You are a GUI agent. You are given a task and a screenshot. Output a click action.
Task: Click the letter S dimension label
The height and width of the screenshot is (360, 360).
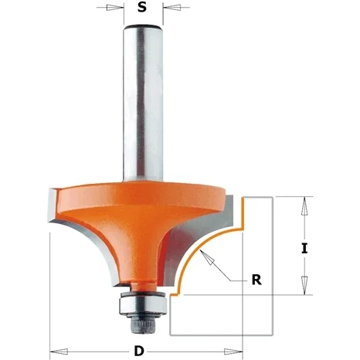(142, 7)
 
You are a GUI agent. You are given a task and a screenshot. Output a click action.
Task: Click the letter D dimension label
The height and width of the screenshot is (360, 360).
(139, 351)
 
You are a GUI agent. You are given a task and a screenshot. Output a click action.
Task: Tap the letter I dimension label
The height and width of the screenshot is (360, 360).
(304, 249)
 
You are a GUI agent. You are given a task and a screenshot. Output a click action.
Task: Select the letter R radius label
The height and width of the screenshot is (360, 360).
(256, 280)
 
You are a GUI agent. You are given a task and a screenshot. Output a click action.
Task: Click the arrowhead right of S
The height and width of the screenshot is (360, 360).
(172, 8)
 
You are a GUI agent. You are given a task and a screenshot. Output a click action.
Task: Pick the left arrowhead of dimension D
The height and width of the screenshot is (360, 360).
(59, 352)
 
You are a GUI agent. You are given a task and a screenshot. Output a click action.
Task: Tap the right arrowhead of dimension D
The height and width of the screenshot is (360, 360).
(233, 352)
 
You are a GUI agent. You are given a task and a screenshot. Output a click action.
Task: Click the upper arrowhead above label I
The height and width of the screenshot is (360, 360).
(304, 206)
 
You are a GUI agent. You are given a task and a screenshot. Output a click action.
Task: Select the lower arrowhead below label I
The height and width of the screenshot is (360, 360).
(304, 285)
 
